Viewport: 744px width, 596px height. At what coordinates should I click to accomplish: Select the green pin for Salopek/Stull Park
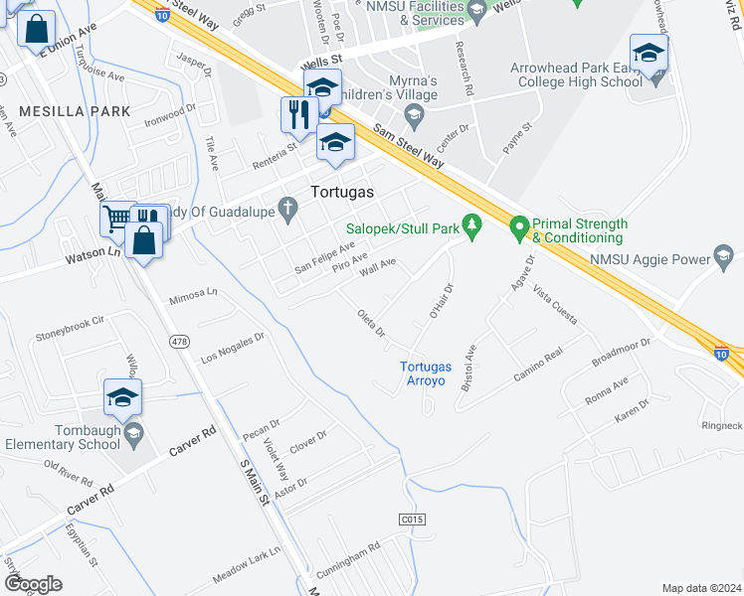[x=473, y=228]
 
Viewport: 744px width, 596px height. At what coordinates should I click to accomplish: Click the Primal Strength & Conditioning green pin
[x=518, y=229]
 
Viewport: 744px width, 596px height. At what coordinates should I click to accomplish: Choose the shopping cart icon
[x=117, y=216]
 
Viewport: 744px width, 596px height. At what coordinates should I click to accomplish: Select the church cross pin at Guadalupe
[x=288, y=209]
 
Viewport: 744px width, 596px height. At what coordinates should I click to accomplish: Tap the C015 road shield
[x=412, y=519]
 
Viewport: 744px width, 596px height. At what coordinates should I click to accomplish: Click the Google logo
[x=33, y=584]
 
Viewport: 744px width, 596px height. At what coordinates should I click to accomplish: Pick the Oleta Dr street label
[x=371, y=324]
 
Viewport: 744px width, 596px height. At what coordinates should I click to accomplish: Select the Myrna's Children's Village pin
[x=415, y=119]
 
